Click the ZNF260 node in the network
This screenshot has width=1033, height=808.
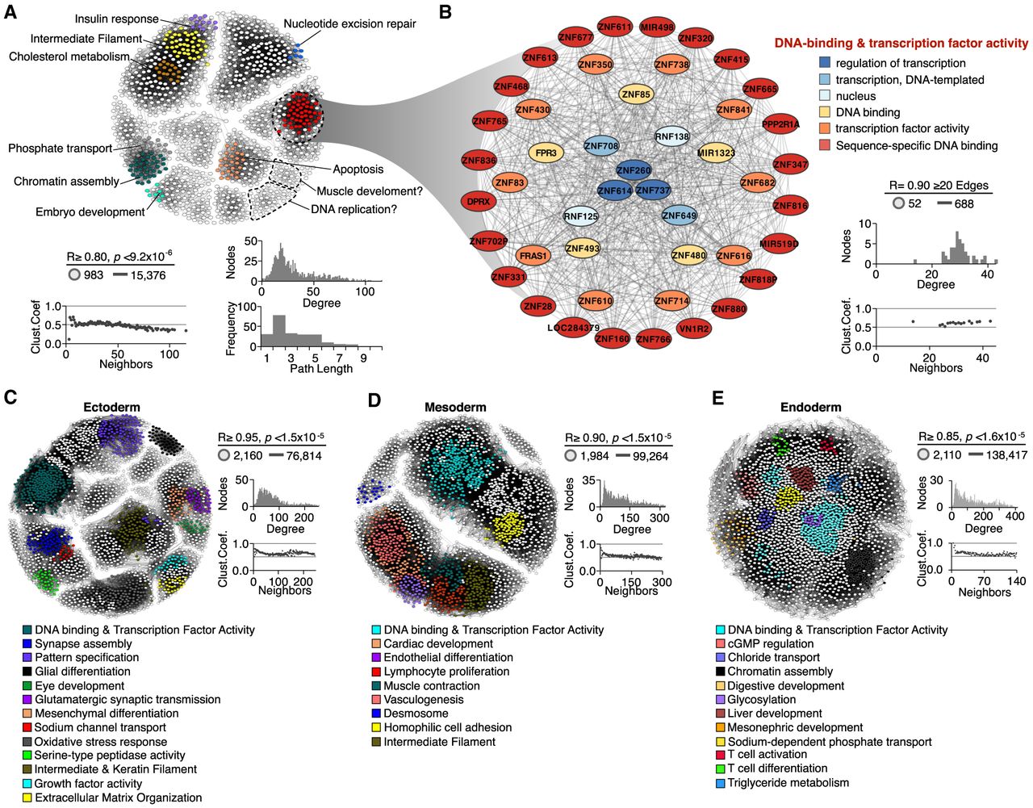tap(634, 170)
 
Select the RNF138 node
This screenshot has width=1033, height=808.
tap(671, 136)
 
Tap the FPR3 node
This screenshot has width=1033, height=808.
tap(546, 153)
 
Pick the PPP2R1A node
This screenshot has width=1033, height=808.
tap(780, 124)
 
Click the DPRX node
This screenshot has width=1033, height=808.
tap(479, 201)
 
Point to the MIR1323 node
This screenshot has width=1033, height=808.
tap(716, 153)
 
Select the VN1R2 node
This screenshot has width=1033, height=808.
tap(693, 329)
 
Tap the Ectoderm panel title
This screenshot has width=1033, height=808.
tap(111, 407)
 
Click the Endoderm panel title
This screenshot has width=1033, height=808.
tap(810, 407)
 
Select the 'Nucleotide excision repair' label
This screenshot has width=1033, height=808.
tap(349, 23)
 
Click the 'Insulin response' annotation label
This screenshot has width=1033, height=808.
tap(117, 19)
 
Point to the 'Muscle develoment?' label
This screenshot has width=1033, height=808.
tap(370, 191)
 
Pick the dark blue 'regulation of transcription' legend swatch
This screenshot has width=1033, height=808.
tap(824, 63)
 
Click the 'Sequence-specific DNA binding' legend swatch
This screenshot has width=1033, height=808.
tap(824, 145)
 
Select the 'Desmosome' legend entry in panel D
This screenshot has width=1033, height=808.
tap(416, 714)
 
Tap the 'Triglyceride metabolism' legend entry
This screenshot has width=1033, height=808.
tap(788, 783)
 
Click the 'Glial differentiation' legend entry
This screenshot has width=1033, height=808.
tap(82, 672)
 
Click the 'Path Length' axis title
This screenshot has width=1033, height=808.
tap(321, 369)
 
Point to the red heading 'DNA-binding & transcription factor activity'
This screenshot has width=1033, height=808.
tap(901, 44)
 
